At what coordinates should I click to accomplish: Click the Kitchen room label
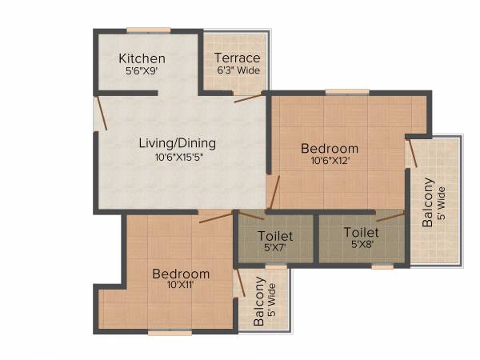(x=142, y=58)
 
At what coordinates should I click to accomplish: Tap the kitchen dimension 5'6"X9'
(x=142, y=71)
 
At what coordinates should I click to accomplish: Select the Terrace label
(x=237, y=58)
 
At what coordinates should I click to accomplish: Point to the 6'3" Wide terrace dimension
(x=237, y=70)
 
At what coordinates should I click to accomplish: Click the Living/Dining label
(x=178, y=143)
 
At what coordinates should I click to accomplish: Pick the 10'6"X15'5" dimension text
(x=178, y=157)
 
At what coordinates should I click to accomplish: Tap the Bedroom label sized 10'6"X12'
(x=330, y=148)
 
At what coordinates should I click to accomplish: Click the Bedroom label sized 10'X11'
(x=181, y=274)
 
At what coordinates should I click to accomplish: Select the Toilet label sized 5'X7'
(x=275, y=236)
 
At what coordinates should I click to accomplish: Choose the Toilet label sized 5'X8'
(x=362, y=232)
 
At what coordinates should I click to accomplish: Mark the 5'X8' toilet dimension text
(x=362, y=245)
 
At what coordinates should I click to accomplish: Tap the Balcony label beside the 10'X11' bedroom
(x=259, y=302)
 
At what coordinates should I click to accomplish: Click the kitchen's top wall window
(x=148, y=30)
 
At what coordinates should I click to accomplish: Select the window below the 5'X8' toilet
(x=382, y=266)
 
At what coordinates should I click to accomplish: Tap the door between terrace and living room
(x=249, y=98)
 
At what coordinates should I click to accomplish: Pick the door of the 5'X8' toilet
(x=390, y=216)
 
